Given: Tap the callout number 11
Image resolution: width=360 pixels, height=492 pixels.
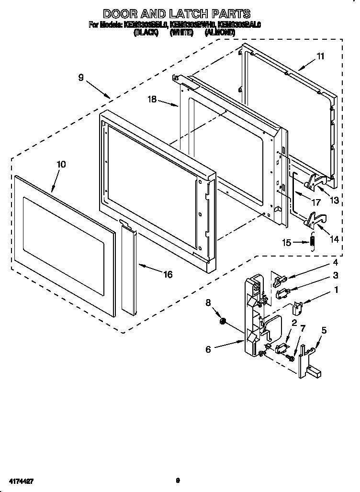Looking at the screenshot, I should click(320, 56).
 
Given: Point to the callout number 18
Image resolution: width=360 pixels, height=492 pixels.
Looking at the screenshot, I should click(152, 100).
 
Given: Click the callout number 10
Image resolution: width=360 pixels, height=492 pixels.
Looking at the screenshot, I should click(61, 164).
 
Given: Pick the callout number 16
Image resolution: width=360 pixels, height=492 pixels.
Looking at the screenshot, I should click(168, 274).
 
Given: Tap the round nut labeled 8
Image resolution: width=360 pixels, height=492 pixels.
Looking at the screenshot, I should click(223, 322).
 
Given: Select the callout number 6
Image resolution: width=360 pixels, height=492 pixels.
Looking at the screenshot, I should click(208, 349).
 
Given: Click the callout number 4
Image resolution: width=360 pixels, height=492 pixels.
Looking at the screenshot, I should click(336, 262).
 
